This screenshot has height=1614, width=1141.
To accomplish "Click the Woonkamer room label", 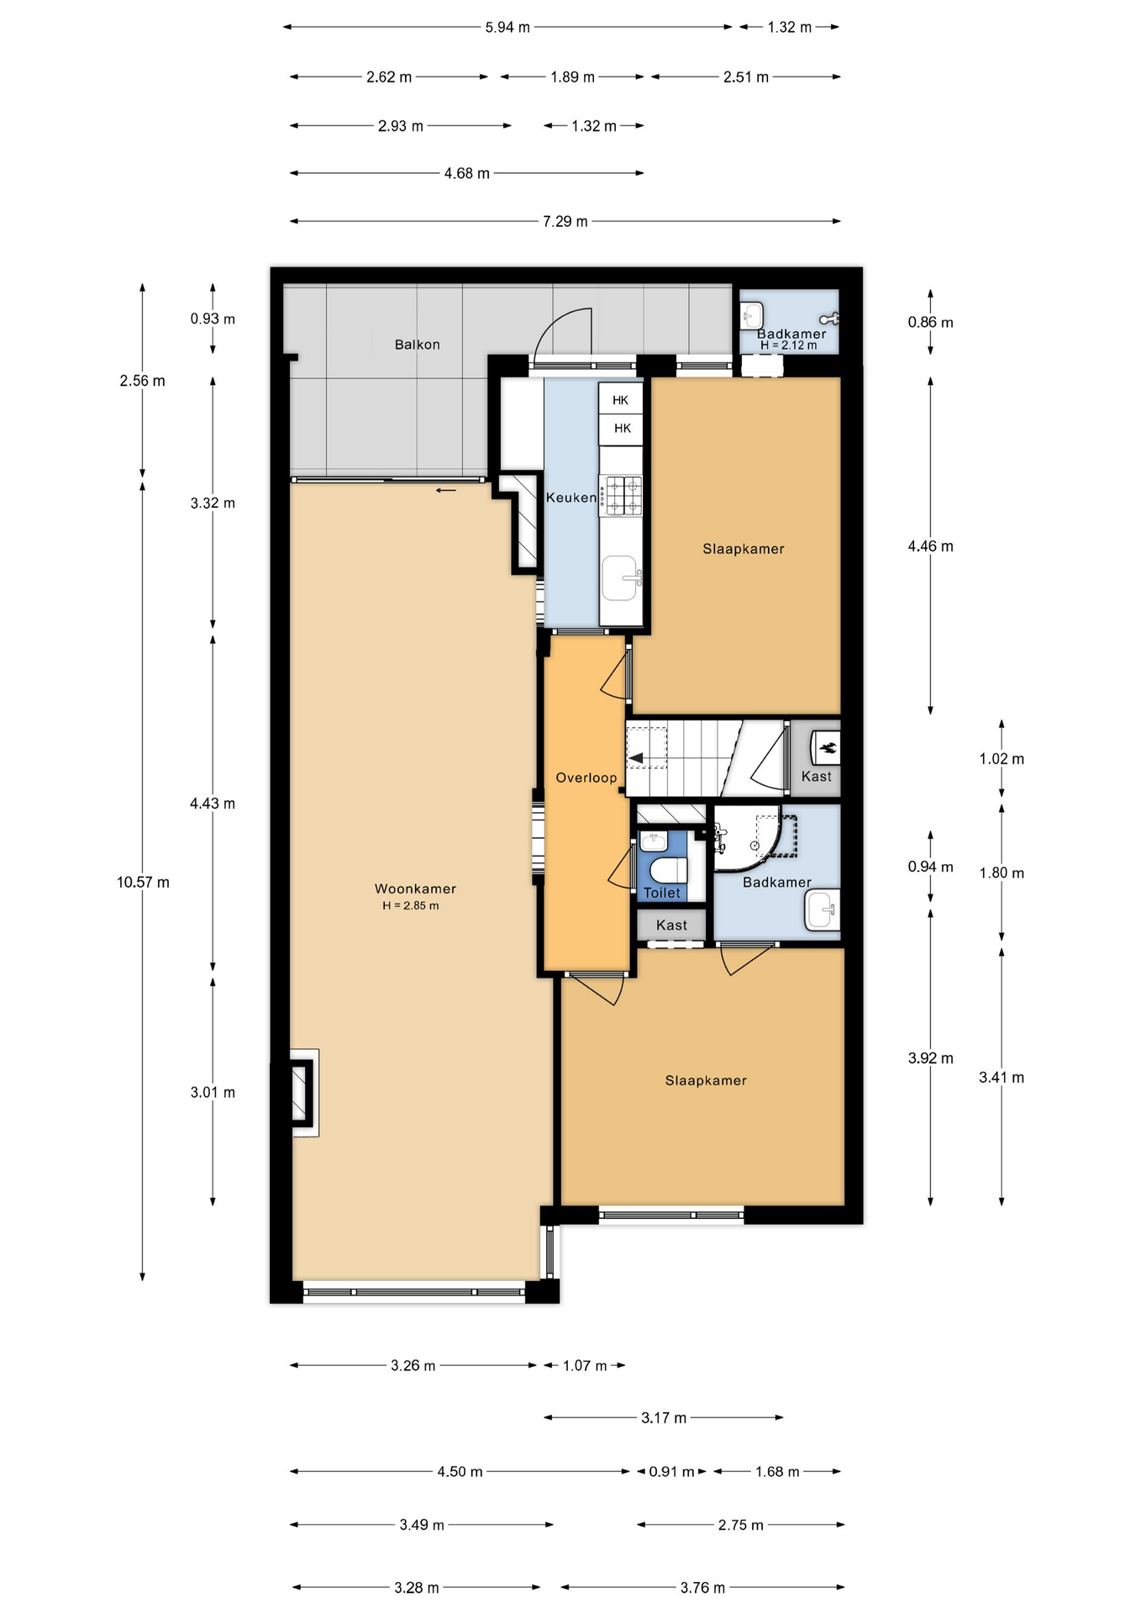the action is pos(415,889).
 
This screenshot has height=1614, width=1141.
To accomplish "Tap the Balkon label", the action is pos(417,345).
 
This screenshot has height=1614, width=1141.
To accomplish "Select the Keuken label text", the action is pos(571,498).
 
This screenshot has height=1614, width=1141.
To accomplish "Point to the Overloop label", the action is pos(586,778).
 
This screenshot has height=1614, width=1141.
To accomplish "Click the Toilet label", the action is pos(662,893).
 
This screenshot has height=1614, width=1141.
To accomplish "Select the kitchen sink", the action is pos(621,578).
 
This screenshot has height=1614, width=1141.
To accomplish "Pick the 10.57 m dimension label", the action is pos(143,883).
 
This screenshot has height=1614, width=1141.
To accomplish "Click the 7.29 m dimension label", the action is pos(565,221).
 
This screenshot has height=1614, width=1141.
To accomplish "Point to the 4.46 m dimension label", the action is pos(930,546).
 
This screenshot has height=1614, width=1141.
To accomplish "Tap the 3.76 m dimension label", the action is pos(702,1588).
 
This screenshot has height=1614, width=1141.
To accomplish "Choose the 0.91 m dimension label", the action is pos(671,1472).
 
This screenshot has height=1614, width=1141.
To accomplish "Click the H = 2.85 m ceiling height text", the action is pos(411,905).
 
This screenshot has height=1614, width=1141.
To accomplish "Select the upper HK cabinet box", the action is pos(621,400).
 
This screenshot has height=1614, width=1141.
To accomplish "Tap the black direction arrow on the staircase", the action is pos(636,758).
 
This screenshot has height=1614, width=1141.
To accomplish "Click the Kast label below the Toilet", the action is pos(671,925).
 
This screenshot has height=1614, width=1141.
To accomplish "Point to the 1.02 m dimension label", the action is pos(1002,759).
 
